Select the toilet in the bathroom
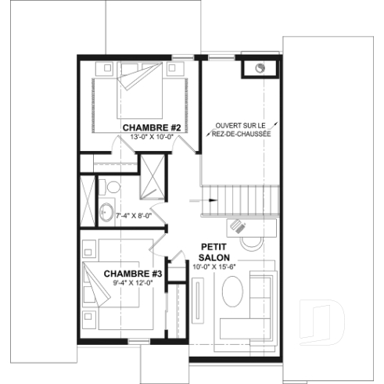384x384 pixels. (x=113, y=188)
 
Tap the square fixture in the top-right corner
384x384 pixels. (x=261, y=68)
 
